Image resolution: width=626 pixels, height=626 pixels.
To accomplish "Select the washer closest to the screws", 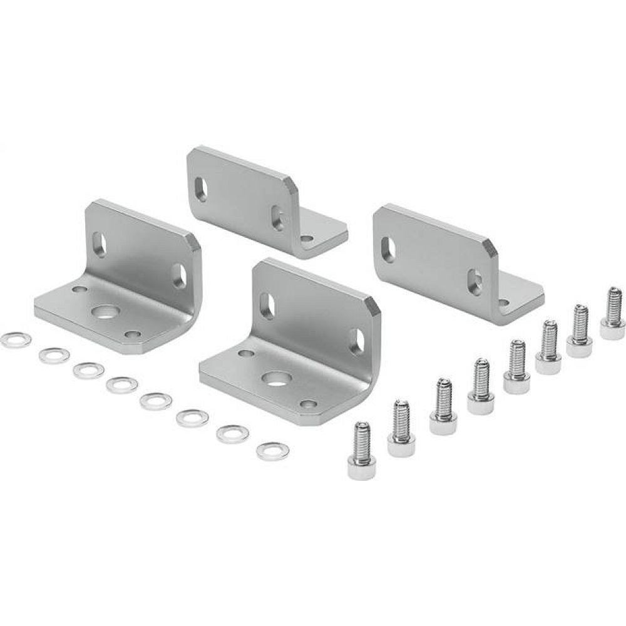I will pos(272,451).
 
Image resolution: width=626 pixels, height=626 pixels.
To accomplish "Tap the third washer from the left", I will pos(88,370).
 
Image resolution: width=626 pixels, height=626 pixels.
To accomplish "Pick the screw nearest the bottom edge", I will pos(361,451).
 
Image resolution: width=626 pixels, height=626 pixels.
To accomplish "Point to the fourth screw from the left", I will pos(481,387).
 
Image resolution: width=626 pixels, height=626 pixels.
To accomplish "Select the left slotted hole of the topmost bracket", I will pos(201,188).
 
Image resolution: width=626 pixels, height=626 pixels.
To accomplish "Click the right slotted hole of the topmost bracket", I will pos(277,218).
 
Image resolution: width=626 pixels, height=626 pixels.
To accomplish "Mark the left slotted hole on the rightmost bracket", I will pos(388,248).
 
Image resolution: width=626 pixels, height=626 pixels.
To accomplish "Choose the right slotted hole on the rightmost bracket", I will pos(475,282).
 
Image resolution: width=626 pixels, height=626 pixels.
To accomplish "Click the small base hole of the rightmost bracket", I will pos(503,302).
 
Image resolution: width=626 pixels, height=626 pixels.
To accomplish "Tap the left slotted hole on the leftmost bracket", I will pos(99,245).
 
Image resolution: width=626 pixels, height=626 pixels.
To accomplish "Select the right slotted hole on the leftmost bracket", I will pos(178,275).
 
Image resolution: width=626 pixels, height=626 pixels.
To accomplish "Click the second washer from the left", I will pos(53,356).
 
